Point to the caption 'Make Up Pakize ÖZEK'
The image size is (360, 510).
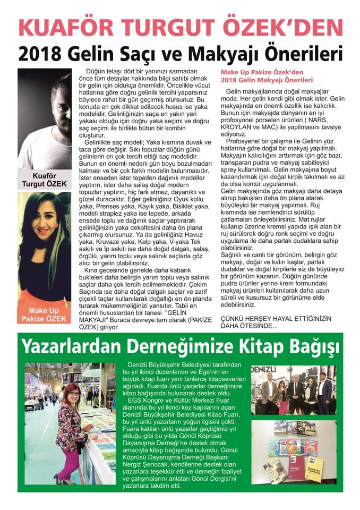pos(44,315)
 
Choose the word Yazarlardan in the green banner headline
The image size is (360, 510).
pos(63,346)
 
